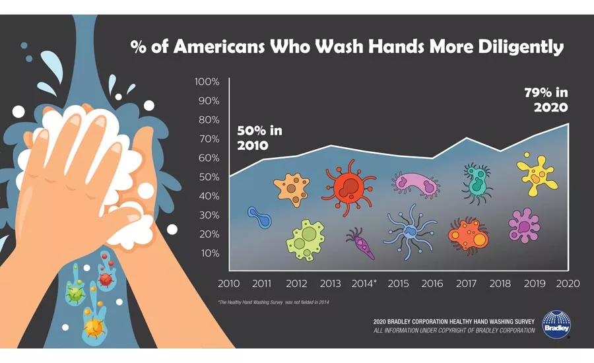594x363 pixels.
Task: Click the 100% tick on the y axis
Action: coord(207,82)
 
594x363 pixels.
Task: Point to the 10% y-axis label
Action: coord(209,253)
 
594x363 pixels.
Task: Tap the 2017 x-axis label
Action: coord(467,284)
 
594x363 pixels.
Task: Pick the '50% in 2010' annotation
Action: coord(259,137)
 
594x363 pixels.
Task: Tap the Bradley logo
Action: coord(556,324)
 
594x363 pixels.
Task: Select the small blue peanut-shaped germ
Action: coord(259,216)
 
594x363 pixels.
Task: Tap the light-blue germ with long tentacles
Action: coord(410,230)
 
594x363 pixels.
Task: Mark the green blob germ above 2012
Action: coord(305,240)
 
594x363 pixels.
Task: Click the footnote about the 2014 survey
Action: coord(273,302)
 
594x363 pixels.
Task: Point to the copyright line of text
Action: coord(454,330)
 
